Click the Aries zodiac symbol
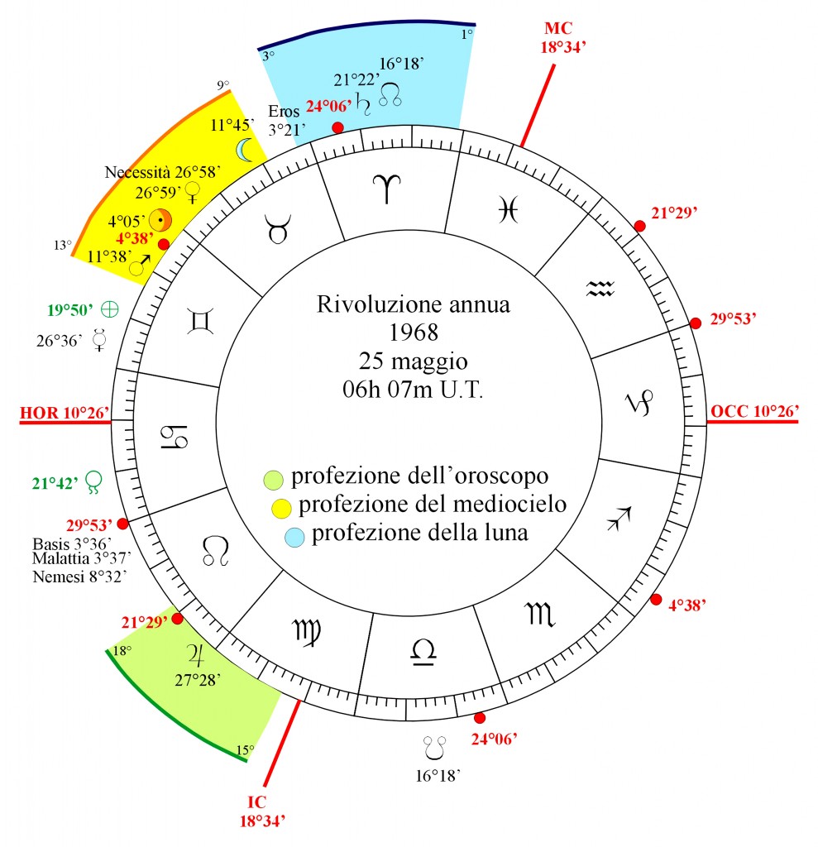tap(387, 189)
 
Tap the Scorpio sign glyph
tap(539, 614)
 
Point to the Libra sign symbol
tap(423, 651)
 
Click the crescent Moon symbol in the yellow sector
tap(245, 150)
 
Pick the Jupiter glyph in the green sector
tap(195, 655)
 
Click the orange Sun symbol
tap(160, 220)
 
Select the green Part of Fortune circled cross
tap(110, 309)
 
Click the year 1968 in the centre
tap(414, 333)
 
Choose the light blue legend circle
tap(294, 537)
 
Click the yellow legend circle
tap(281, 509)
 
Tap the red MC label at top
tap(558, 28)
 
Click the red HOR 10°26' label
tap(65, 414)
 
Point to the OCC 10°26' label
tap(754, 412)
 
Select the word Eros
tap(284, 112)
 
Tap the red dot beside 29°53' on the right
tap(696, 323)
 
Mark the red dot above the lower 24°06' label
tap(479, 718)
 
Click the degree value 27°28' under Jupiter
tap(198, 681)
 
